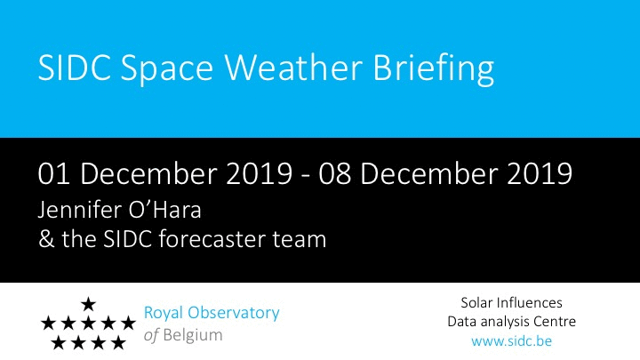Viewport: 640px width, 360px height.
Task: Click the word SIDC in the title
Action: [x=75, y=68]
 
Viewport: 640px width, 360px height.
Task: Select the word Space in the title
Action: [x=167, y=70]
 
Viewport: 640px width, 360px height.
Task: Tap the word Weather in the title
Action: [x=293, y=68]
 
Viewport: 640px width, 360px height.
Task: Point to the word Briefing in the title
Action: [x=434, y=69]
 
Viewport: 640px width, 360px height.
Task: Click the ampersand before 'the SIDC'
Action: [x=46, y=239]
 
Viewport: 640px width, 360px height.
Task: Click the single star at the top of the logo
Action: [x=88, y=304]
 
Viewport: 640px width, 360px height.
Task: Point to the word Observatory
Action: [x=234, y=314]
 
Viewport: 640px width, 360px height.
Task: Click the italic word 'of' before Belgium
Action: [x=151, y=335]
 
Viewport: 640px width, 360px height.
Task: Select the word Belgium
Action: [x=193, y=336]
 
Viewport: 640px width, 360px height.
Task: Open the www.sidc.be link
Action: [x=511, y=340]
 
